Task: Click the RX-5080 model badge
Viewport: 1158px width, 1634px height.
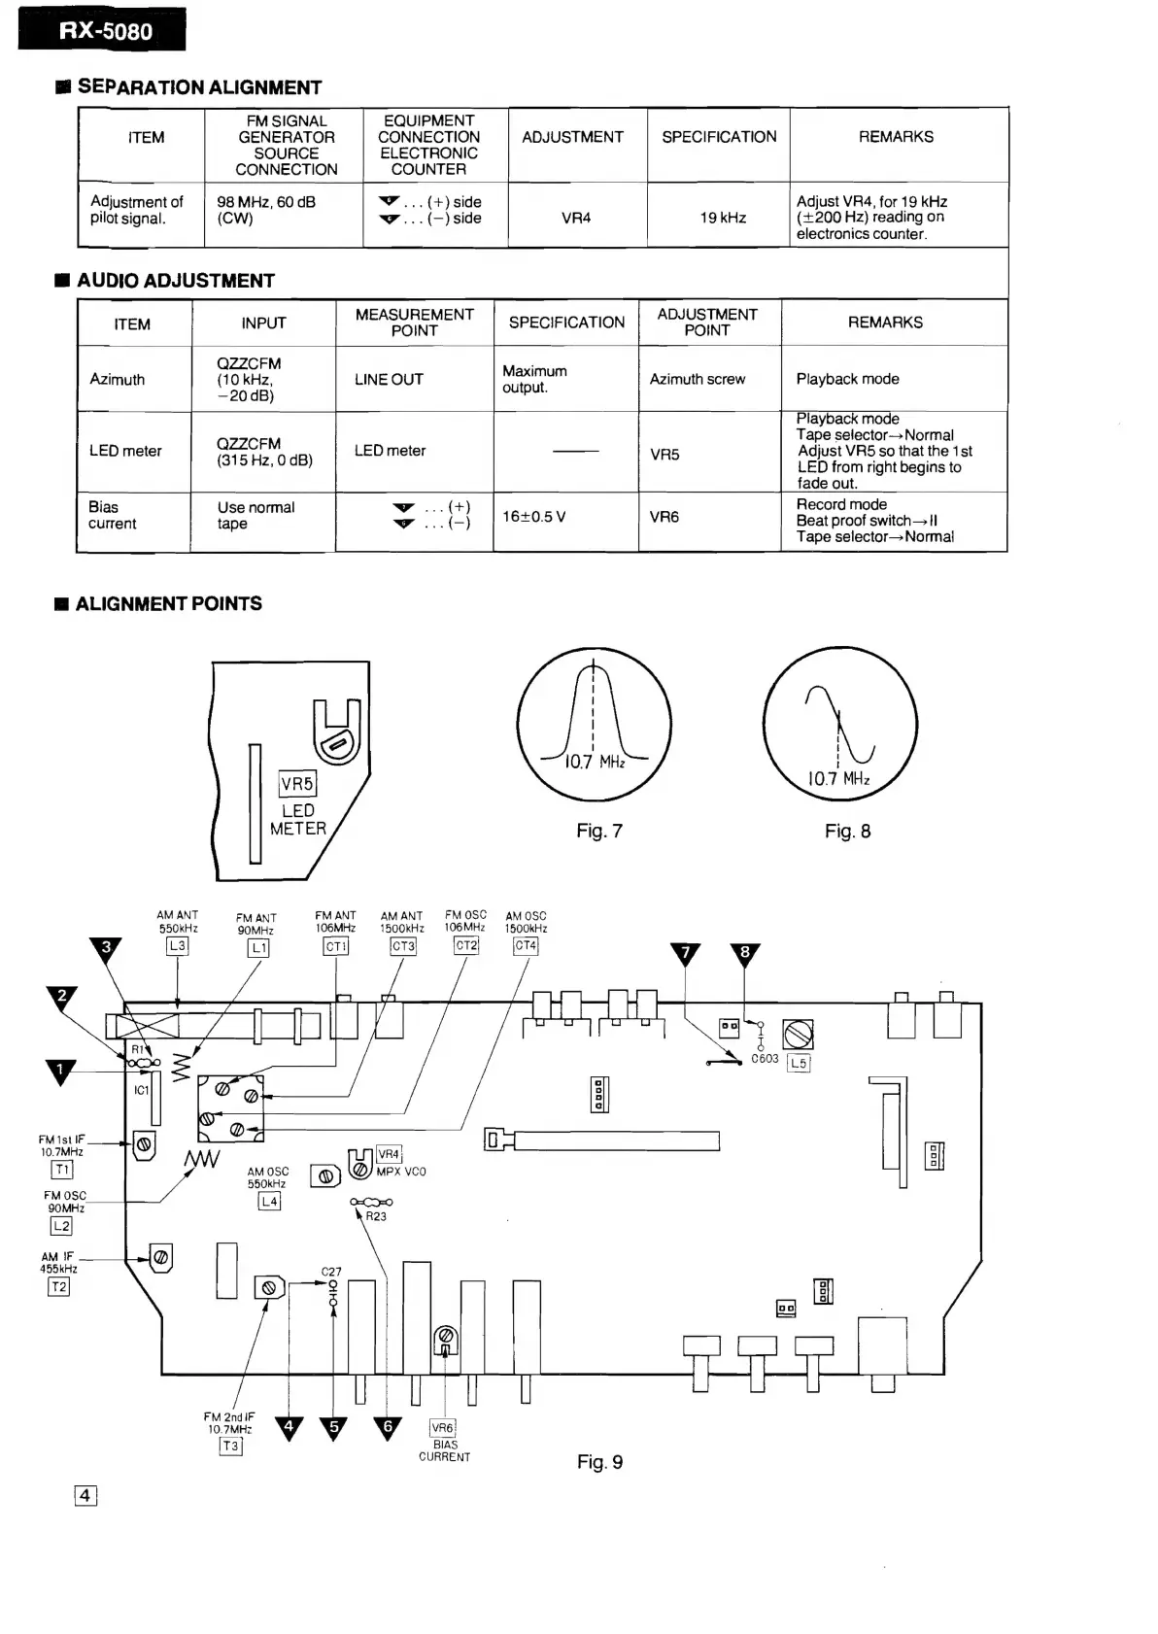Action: pyautogui.click(x=102, y=30)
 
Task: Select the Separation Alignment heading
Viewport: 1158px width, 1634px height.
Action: pyautogui.click(x=198, y=87)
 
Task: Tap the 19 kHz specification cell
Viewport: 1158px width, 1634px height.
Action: pyautogui.click(x=723, y=218)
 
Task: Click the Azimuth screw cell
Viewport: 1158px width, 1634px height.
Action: pyautogui.click(x=697, y=379)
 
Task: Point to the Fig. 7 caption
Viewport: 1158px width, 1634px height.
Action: pyautogui.click(x=598, y=831)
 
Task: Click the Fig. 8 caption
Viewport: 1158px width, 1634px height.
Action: pyautogui.click(x=847, y=831)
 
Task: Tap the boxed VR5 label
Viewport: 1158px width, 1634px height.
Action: pyautogui.click(x=297, y=784)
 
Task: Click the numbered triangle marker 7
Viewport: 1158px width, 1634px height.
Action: pyautogui.click(x=685, y=954)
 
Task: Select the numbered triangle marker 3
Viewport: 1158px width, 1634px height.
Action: pyautogui.click(x=106, y=948)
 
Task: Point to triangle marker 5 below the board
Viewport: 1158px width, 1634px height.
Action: pyautogui.click(x=334, y=1428)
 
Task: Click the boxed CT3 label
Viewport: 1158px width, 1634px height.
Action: pyautogui.click(x=402, y=946)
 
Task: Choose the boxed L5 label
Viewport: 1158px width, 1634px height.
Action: pyautogui.click(x=798, y=1063)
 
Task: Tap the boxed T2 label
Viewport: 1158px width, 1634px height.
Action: pyautogui.click(x=59, y=1286)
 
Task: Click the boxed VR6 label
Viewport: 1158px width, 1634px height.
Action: pyautogui.click(x=442, y=1428)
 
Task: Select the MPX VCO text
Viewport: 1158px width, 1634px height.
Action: pyautogui.click(x=401, y=1172)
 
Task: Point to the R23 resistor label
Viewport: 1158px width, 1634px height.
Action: pyautogui.click(x=376, y=1216)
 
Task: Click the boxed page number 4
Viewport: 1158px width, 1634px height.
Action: pyautogui.click(x=85, y=1496)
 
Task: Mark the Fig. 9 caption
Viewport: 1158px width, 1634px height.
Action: pyautogui.click(x=599, y=1462)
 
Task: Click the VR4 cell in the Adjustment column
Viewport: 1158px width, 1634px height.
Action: pyautogui.click(x=576, y=218)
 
